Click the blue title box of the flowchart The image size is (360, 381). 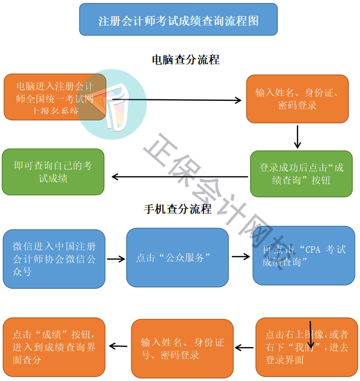[178, 20]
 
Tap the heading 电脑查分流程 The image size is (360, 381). [186, 60]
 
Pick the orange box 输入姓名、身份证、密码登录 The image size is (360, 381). [297, 98]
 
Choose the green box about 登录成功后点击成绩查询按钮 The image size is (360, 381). [301, 174]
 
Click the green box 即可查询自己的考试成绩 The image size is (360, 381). [53, 172]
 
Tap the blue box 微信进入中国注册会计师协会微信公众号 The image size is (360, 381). [54, 258]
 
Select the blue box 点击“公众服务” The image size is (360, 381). [177, 258]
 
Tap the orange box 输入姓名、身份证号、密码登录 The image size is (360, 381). [182, 348]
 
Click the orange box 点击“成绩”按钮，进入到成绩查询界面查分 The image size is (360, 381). [54, 347]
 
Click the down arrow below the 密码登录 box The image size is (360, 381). [297, 137]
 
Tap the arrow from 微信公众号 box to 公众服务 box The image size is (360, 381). [116, 259]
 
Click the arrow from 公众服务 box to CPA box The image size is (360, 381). [240, 256]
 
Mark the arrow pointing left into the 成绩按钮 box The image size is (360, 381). [118, 346]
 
